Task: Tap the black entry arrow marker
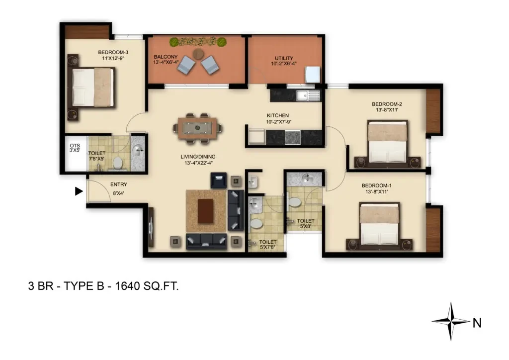click(x=79, y=191)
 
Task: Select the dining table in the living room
click(x=197, y=128)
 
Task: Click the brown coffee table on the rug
click(x=205, y=211)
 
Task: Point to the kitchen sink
click(x=308, y=95)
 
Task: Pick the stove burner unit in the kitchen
click(x=292, y=137)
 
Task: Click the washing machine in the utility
click(x=312, y=75)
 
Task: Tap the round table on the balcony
click(x=198, y=54)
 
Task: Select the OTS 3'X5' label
click(x=75, y=148)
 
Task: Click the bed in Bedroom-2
click(x=387, y=142)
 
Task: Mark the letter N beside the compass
click(x=477, y=323)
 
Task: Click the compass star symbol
click(x=450, y=321)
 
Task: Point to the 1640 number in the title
click(x=128, y=286)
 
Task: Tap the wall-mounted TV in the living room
click(x=151, y=227)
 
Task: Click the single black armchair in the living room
click(x=219, y=180)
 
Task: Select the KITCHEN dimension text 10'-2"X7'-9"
click(x=278, y=122)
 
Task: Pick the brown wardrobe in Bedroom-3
click(x=86, y=32)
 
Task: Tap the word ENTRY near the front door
click(x=118, y=184)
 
